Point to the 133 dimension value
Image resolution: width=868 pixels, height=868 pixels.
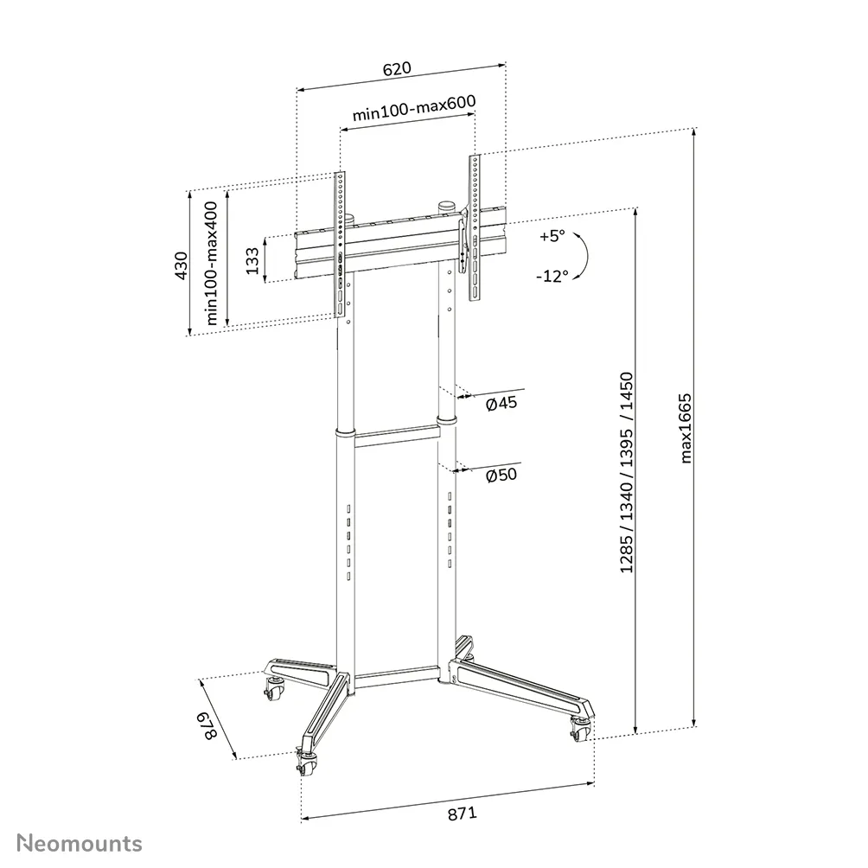(252, 260)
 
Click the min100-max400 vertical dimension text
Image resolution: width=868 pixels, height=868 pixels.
(213, 263)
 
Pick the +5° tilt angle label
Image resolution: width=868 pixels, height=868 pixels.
(551, 234)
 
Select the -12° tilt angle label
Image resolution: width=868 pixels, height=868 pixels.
(552, 276)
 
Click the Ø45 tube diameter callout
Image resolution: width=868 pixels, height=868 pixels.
(501, 404)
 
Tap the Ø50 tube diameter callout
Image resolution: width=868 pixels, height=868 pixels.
(501, 476)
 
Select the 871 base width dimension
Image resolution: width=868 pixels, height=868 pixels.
(463, 814)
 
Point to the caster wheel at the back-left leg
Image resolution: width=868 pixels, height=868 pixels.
(274, 691)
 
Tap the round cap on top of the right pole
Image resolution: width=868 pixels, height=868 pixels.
(446, 207)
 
